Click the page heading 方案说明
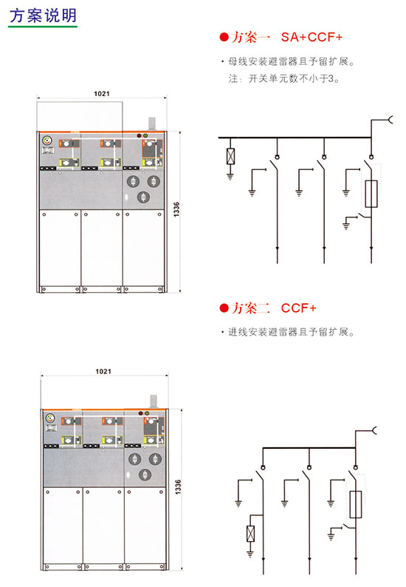[x=43, y=16]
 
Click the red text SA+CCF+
[x=312, y=37]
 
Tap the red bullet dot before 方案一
[x=224, y=37]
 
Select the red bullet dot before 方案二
[x=224, y=308]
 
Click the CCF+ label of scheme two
[x=299, y=308]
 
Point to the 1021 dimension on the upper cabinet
[x=102, y=94]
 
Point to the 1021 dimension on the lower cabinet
[x=103, y=371]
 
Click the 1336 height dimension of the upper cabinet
[x=176, y=209]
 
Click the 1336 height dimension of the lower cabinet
[x=178, y=486]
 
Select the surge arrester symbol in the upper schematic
[x=230, y=157]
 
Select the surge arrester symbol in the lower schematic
[x=250, y=534]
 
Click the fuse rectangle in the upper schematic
[x=371, y=194]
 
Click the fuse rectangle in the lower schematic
[x=356, y=504]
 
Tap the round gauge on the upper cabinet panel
[x=47, y=140]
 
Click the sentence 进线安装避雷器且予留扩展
[x=292, y=332]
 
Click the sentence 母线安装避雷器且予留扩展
[x=292, y=61]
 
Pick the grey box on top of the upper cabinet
[x=152, y=124]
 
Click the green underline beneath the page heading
[x=43, y=27]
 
